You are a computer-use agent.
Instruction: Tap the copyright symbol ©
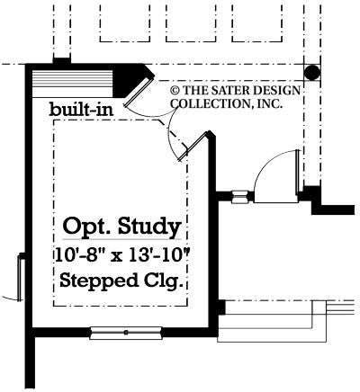tap(176, 90)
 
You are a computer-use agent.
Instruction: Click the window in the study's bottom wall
tap(126, 332)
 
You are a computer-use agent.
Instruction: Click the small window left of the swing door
tap(240, 195)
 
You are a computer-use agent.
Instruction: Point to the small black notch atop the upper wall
tap(61, 60)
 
